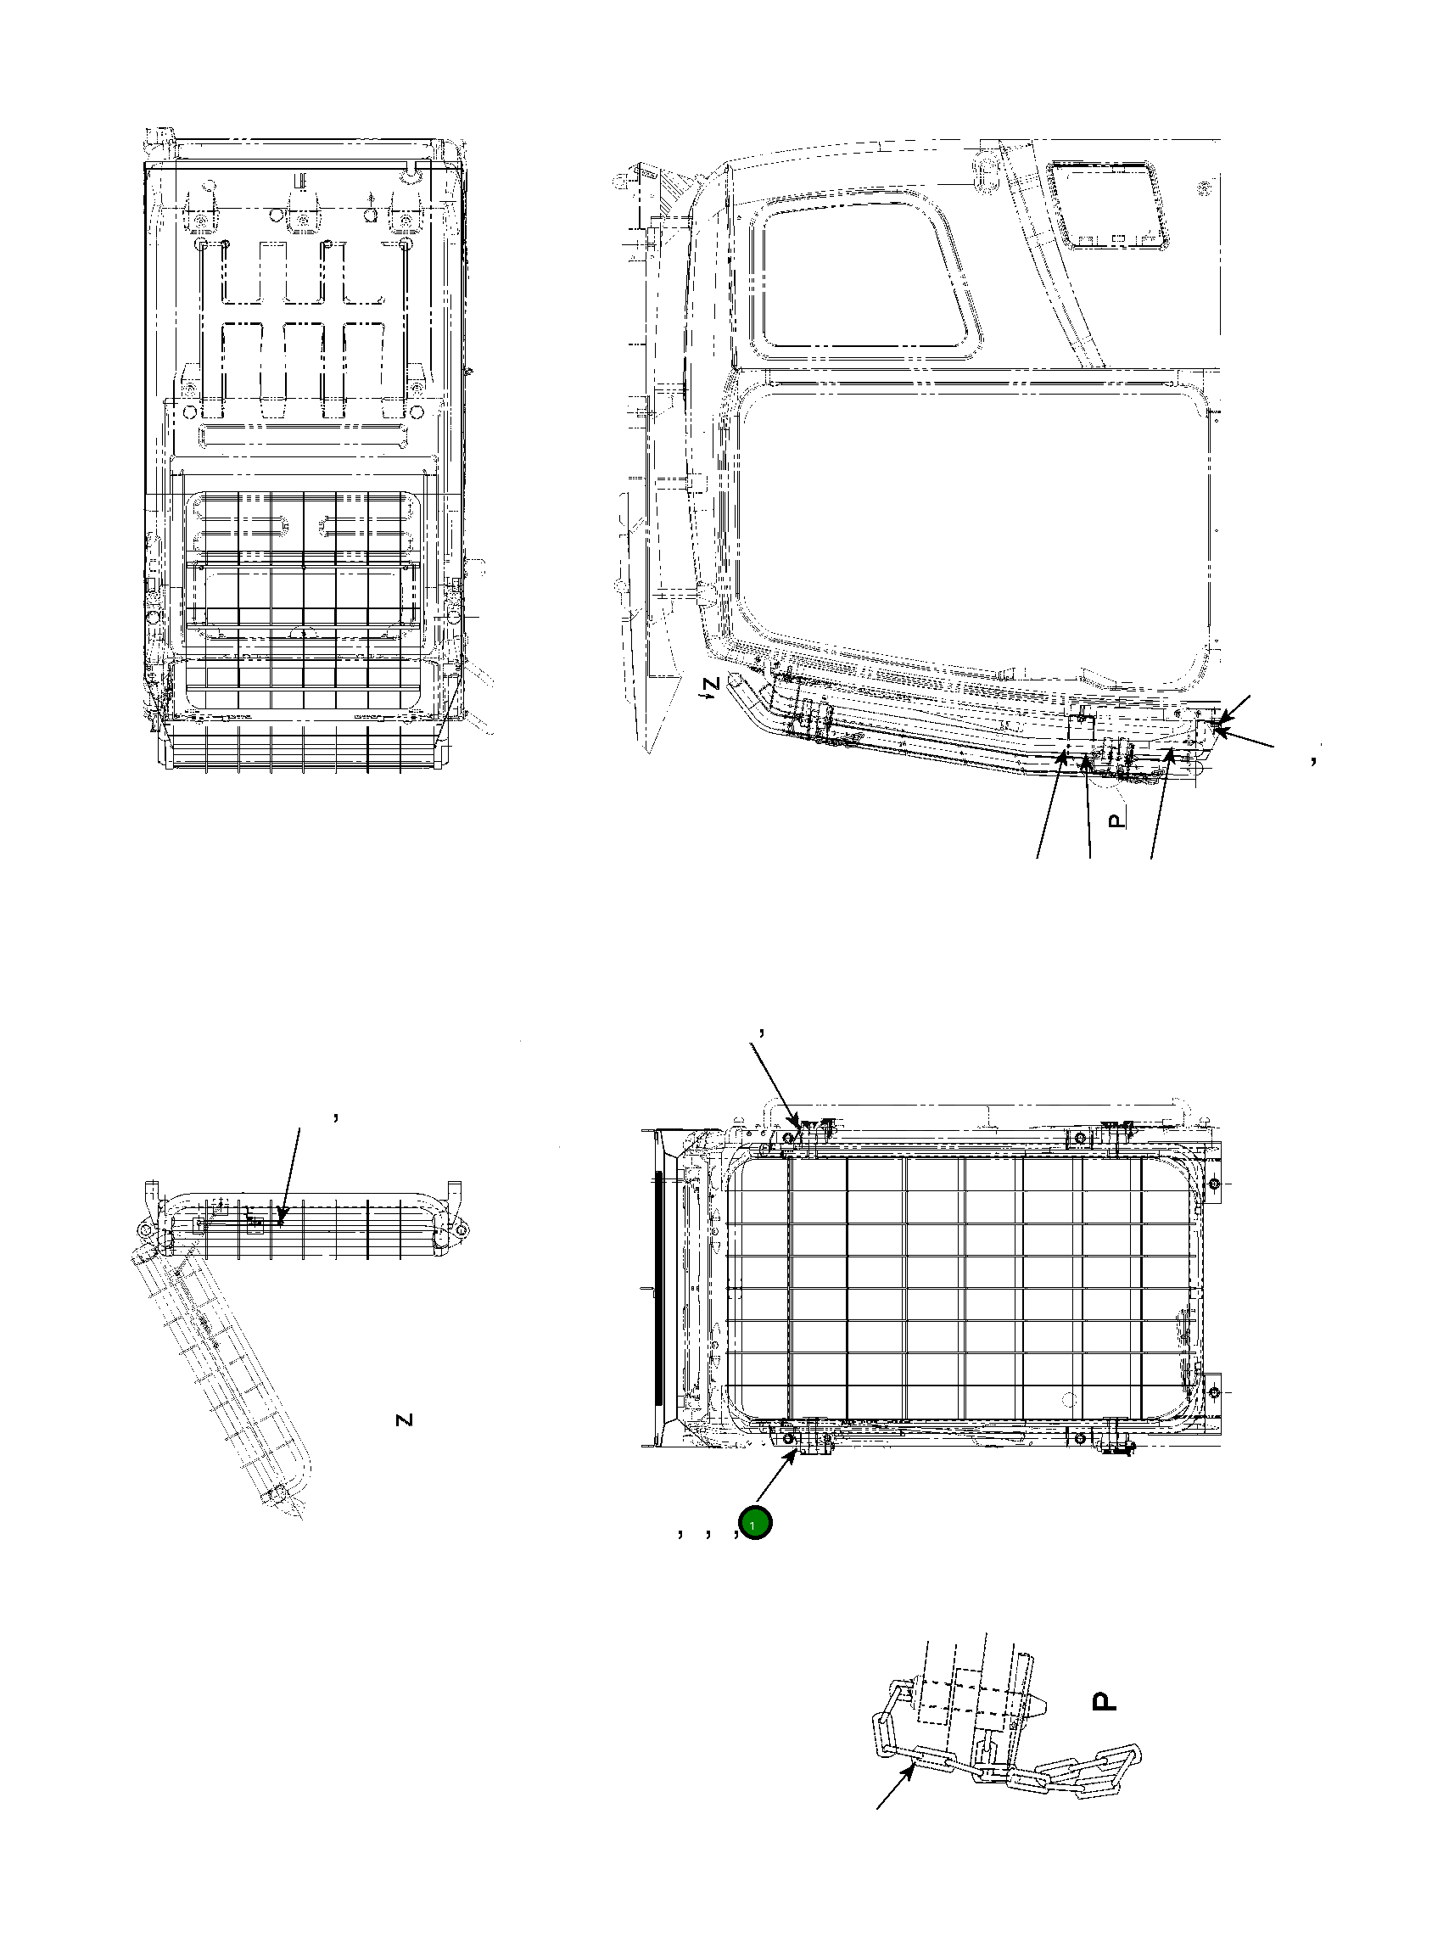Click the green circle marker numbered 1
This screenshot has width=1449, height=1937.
(755, 1525)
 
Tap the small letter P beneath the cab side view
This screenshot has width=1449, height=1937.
(1115, 820)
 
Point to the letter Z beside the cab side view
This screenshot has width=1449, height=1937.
(713, 683)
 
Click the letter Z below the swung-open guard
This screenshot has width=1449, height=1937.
(404, 1419)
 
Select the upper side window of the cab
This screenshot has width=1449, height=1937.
(867, 280)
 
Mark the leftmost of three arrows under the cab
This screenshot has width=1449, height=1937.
(1049, 806)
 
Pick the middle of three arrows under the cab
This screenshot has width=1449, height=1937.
(1088, 806)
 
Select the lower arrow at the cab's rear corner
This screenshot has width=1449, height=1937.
(1247, 737)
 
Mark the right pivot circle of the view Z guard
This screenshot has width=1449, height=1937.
(461, 1230)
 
